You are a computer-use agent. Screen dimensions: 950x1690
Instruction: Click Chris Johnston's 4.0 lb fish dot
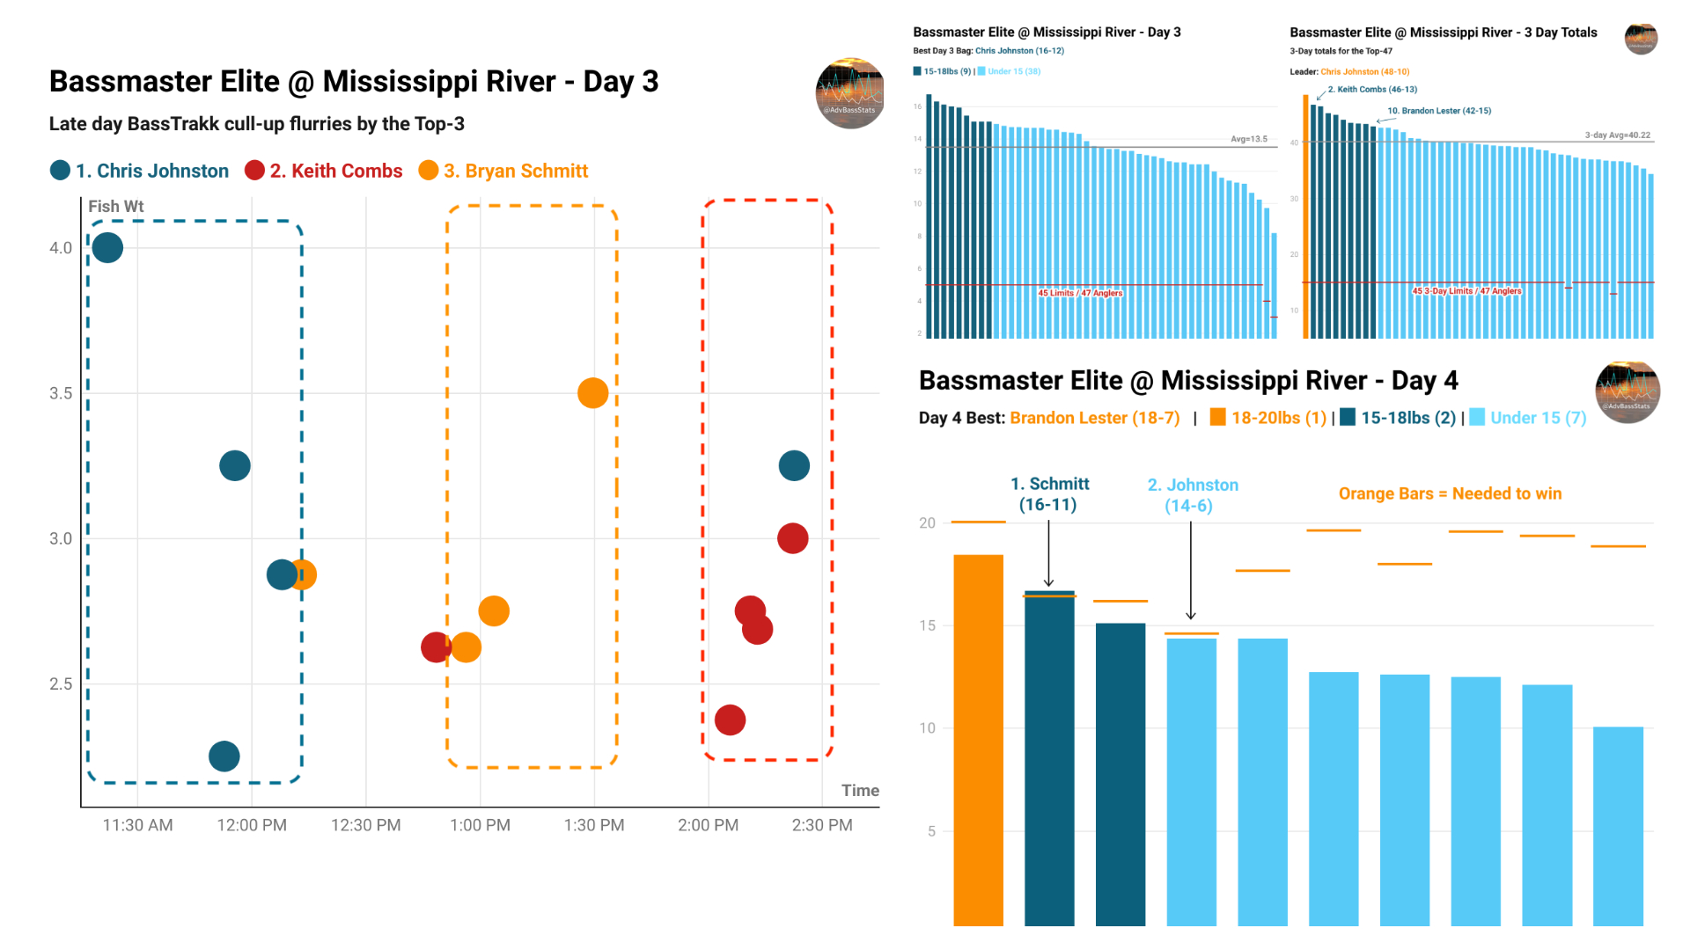pyautogui.click(x=107, y=248)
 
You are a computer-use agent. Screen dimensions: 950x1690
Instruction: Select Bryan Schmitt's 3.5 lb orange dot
pyautogui.click(x=592, y=393)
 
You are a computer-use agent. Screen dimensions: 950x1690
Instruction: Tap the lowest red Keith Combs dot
pyautogui.click(x=730, y=720)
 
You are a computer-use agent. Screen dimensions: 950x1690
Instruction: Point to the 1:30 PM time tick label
pyautogui.click(x=594, y=825)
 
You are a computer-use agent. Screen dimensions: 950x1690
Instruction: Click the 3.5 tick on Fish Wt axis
pyautogui.click(x=61, y=393)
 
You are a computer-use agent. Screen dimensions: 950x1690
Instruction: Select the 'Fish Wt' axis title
pyautogui.click(x=115, y=207)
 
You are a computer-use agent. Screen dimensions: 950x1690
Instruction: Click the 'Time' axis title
pyautogui.click(x=860, y=790)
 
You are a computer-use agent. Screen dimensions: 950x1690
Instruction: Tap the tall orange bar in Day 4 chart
pyautogui.click(x=978, y=739)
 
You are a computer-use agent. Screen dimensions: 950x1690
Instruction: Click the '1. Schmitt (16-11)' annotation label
pyautogui.click(x=1049, y=494)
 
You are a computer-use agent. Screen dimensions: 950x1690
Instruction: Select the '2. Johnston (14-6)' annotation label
pyautogui.click(x=1192, y=495)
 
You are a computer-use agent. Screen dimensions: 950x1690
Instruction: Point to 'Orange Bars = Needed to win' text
pyautogui.click(x=1450, y=493)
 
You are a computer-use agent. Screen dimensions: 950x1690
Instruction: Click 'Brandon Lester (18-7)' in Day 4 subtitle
pyautogui.click(x=1094, y=418)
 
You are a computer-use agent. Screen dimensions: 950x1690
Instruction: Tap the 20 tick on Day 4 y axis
pyautogui.click(x=927, y=523)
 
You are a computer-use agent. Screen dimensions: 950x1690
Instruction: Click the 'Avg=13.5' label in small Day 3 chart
pyautogui.click(x=1248, y=139)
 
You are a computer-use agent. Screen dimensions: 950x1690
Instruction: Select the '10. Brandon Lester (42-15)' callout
pyautogui.click(x=1438, y=111)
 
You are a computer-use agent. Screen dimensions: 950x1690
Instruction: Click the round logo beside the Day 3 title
pyautogui.click(x=850, y=93)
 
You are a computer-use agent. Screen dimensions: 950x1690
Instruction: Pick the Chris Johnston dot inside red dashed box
pyautogui.click(x=794, y=465)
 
